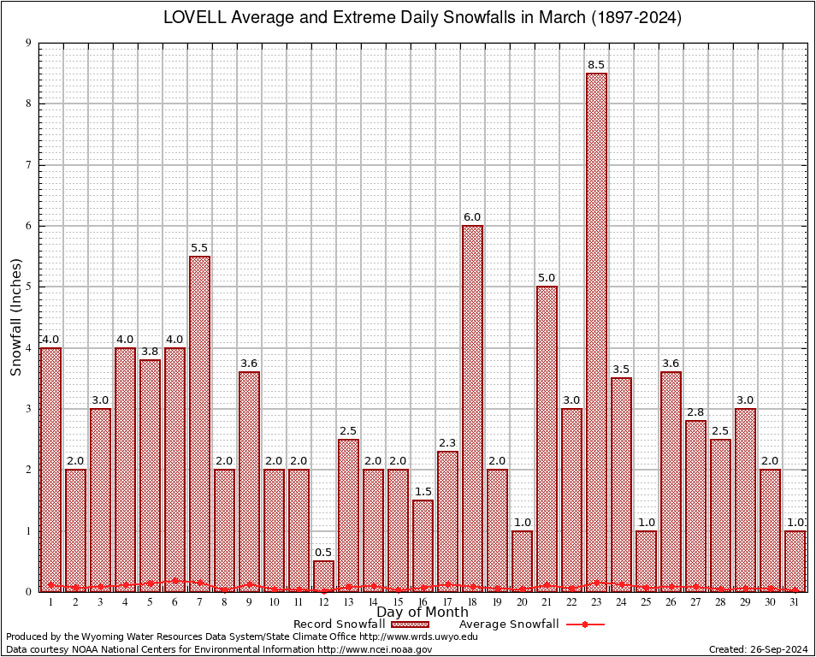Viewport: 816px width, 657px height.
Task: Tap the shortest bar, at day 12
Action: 323,576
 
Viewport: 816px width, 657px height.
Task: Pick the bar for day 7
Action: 199,423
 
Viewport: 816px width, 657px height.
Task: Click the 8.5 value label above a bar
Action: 596,65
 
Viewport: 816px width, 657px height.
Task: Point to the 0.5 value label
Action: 323,553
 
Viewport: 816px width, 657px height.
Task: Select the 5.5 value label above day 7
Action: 199,248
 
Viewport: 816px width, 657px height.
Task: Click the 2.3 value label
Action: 447,443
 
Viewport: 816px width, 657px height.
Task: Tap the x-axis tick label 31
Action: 795,603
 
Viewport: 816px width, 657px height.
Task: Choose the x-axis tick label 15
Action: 398,603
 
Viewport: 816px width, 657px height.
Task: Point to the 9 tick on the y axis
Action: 28,43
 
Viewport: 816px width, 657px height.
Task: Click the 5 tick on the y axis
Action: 28,287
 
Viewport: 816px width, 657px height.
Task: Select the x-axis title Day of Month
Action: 422,613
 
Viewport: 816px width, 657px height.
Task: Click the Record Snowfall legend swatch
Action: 410,624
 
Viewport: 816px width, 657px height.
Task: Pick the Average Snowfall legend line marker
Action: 585,624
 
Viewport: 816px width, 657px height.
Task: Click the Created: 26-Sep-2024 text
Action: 759,649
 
